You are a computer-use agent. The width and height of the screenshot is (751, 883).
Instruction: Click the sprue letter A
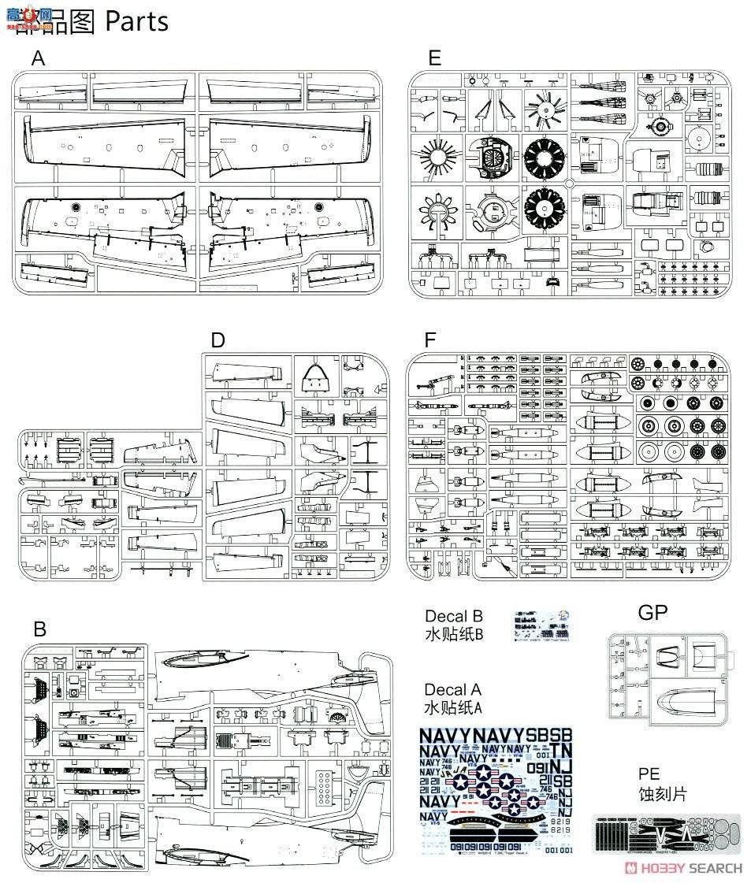coord(39,58)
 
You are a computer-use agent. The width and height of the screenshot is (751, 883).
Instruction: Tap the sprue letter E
coord(434,58)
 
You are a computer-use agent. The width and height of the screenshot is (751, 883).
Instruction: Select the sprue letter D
coord(218,340)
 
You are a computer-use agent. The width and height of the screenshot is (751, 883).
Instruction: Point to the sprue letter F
coord(429,340)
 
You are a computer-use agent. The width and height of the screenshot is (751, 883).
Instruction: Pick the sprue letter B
coord(39,629)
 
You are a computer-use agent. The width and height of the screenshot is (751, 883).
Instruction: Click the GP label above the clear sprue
coord(652,613)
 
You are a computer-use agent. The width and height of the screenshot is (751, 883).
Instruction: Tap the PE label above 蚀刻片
coord(649,774)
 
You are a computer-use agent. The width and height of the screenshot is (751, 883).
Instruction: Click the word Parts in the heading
coord(136,21)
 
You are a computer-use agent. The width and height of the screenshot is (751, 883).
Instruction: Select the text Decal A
coord(452,690)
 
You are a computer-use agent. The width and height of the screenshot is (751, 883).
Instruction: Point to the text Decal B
coord(453,616)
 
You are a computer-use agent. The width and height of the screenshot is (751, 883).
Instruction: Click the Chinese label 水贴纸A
coord(452,708)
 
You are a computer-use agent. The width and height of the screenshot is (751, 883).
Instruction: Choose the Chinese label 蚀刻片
coord(662,793)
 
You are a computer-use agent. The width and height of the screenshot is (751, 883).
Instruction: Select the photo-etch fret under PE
coord(666,833)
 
